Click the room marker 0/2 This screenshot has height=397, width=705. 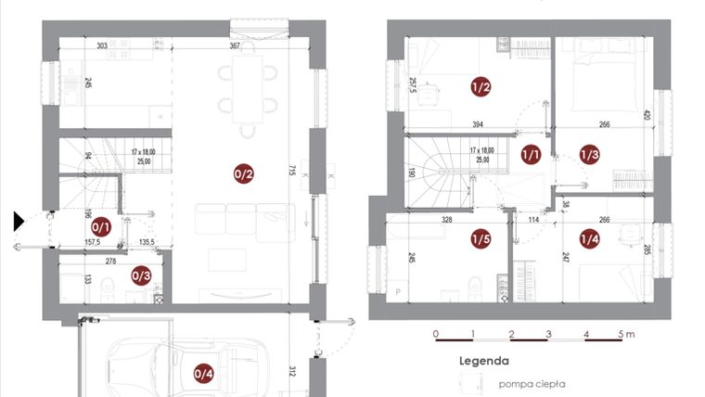(x=244, y=172)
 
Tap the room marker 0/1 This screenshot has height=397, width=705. (x=101, y=225)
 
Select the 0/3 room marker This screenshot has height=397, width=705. (x=141, y=275)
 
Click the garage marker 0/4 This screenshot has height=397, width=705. (x=203, y=374)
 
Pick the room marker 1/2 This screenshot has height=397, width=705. (x=481, y=88)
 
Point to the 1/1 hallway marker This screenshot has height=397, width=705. (x=531, y=155)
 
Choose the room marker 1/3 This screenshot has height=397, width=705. (x=589, y=155)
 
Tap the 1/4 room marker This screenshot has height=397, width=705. (x=589, y=239)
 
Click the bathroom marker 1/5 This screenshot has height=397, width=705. (x=481, y=239)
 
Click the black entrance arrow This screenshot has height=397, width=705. (x=19, y=221)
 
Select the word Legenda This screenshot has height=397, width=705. (x=483, y=361)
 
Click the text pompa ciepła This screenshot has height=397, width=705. (x=532, y=383)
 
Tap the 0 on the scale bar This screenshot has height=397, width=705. (x=436, y=333)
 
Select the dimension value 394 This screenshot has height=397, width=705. (x=478, y=124)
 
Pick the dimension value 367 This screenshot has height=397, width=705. (x=236, y=45)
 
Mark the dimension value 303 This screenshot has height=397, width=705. (x=102, y=45)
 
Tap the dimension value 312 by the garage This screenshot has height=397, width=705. (x=290, y=371)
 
